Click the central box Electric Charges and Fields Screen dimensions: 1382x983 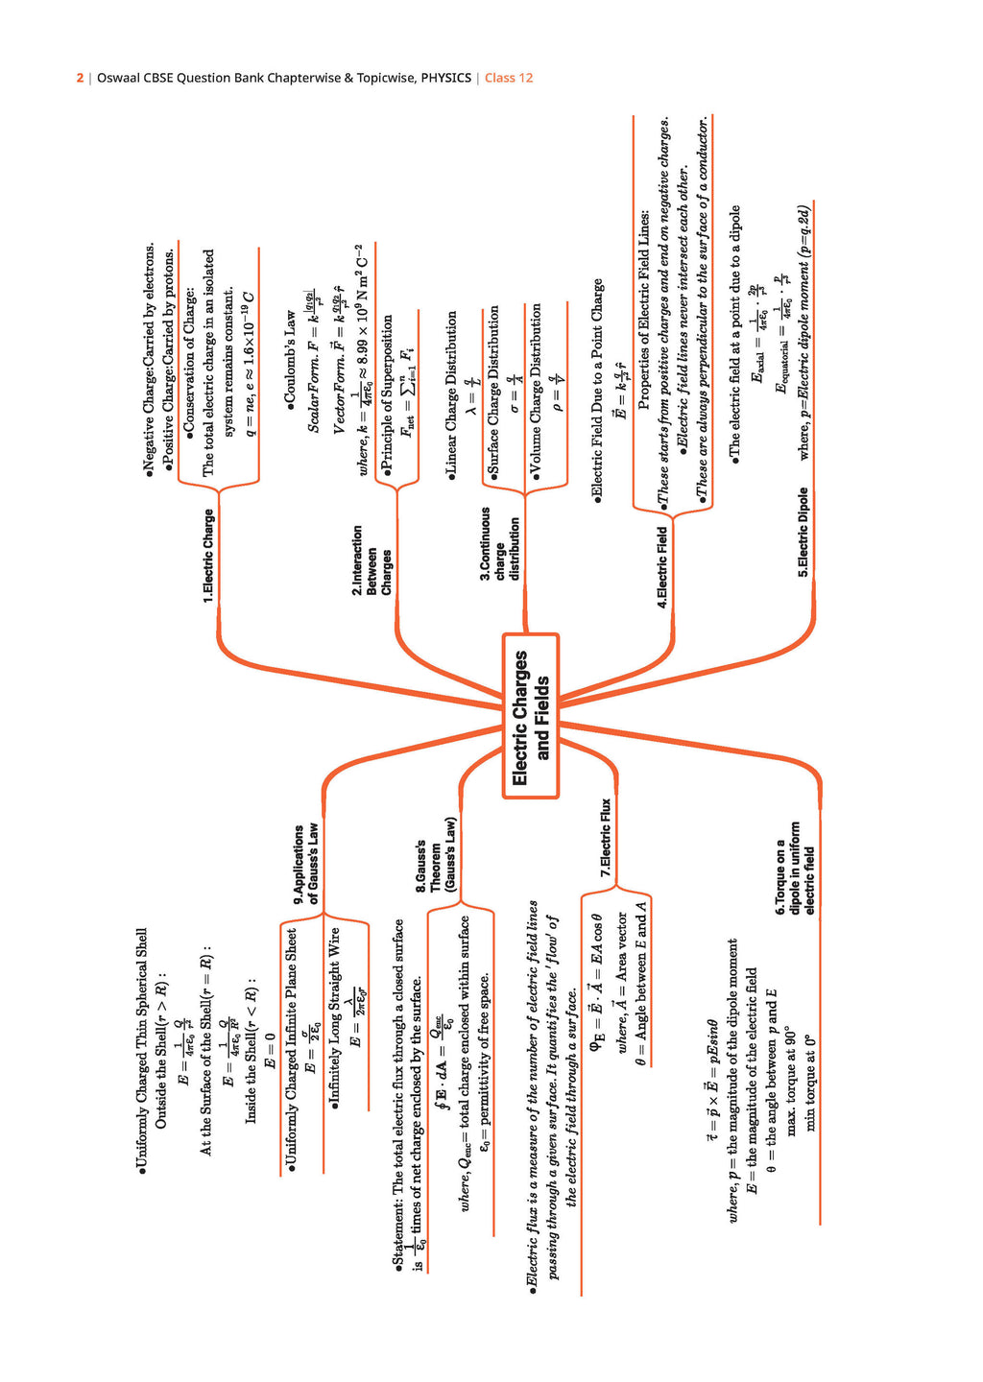point(531,716)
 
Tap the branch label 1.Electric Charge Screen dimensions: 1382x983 point(208,556)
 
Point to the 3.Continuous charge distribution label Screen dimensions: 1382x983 point(499,543)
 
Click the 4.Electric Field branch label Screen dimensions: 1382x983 point(661,567)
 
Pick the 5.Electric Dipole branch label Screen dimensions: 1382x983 point(803,532)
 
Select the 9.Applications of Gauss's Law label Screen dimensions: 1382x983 point(305,863)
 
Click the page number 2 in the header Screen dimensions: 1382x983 point(80,78)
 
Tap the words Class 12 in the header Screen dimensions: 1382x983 point(509,78)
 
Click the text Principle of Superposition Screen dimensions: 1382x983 point(387,393)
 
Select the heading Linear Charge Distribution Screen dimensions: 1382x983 point(451,394)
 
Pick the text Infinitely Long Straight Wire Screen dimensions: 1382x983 point(334,1018)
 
